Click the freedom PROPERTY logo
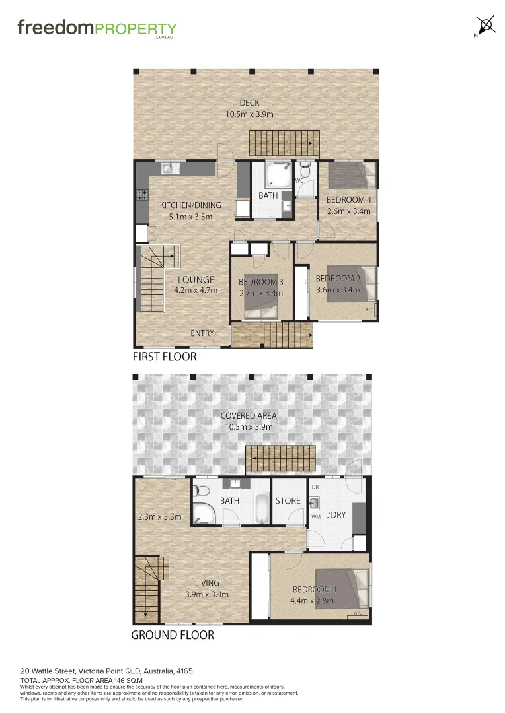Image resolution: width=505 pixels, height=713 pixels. click(97, 29)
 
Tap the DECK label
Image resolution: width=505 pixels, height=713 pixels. click(249, 102)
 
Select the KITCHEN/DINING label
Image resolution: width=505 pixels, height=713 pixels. click(190, 205)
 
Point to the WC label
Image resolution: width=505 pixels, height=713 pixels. click(299, 180)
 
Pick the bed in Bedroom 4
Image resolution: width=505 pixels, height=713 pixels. click(348, 176)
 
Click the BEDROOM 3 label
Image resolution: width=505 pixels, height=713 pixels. click(260, 283)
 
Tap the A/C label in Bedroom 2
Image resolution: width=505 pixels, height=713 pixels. click(369, 310)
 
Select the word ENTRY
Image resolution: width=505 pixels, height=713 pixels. click(202, 333)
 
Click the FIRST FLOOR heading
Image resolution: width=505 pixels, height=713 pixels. click(165, 356)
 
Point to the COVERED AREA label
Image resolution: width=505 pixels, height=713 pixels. click(249, 415)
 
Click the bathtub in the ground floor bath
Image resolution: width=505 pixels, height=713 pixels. click(262, 508)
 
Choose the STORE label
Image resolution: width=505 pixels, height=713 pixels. click(288, 501)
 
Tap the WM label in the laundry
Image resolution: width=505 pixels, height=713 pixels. click(315, 516)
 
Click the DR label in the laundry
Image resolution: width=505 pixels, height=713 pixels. click(315, 487)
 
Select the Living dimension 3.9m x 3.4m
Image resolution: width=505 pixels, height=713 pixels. click(208, 594)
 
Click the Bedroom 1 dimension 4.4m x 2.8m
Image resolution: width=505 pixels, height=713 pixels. click(312, 601)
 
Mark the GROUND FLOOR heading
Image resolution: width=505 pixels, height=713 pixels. click(173, 635)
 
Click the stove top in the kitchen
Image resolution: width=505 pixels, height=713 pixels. click(141, 195)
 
